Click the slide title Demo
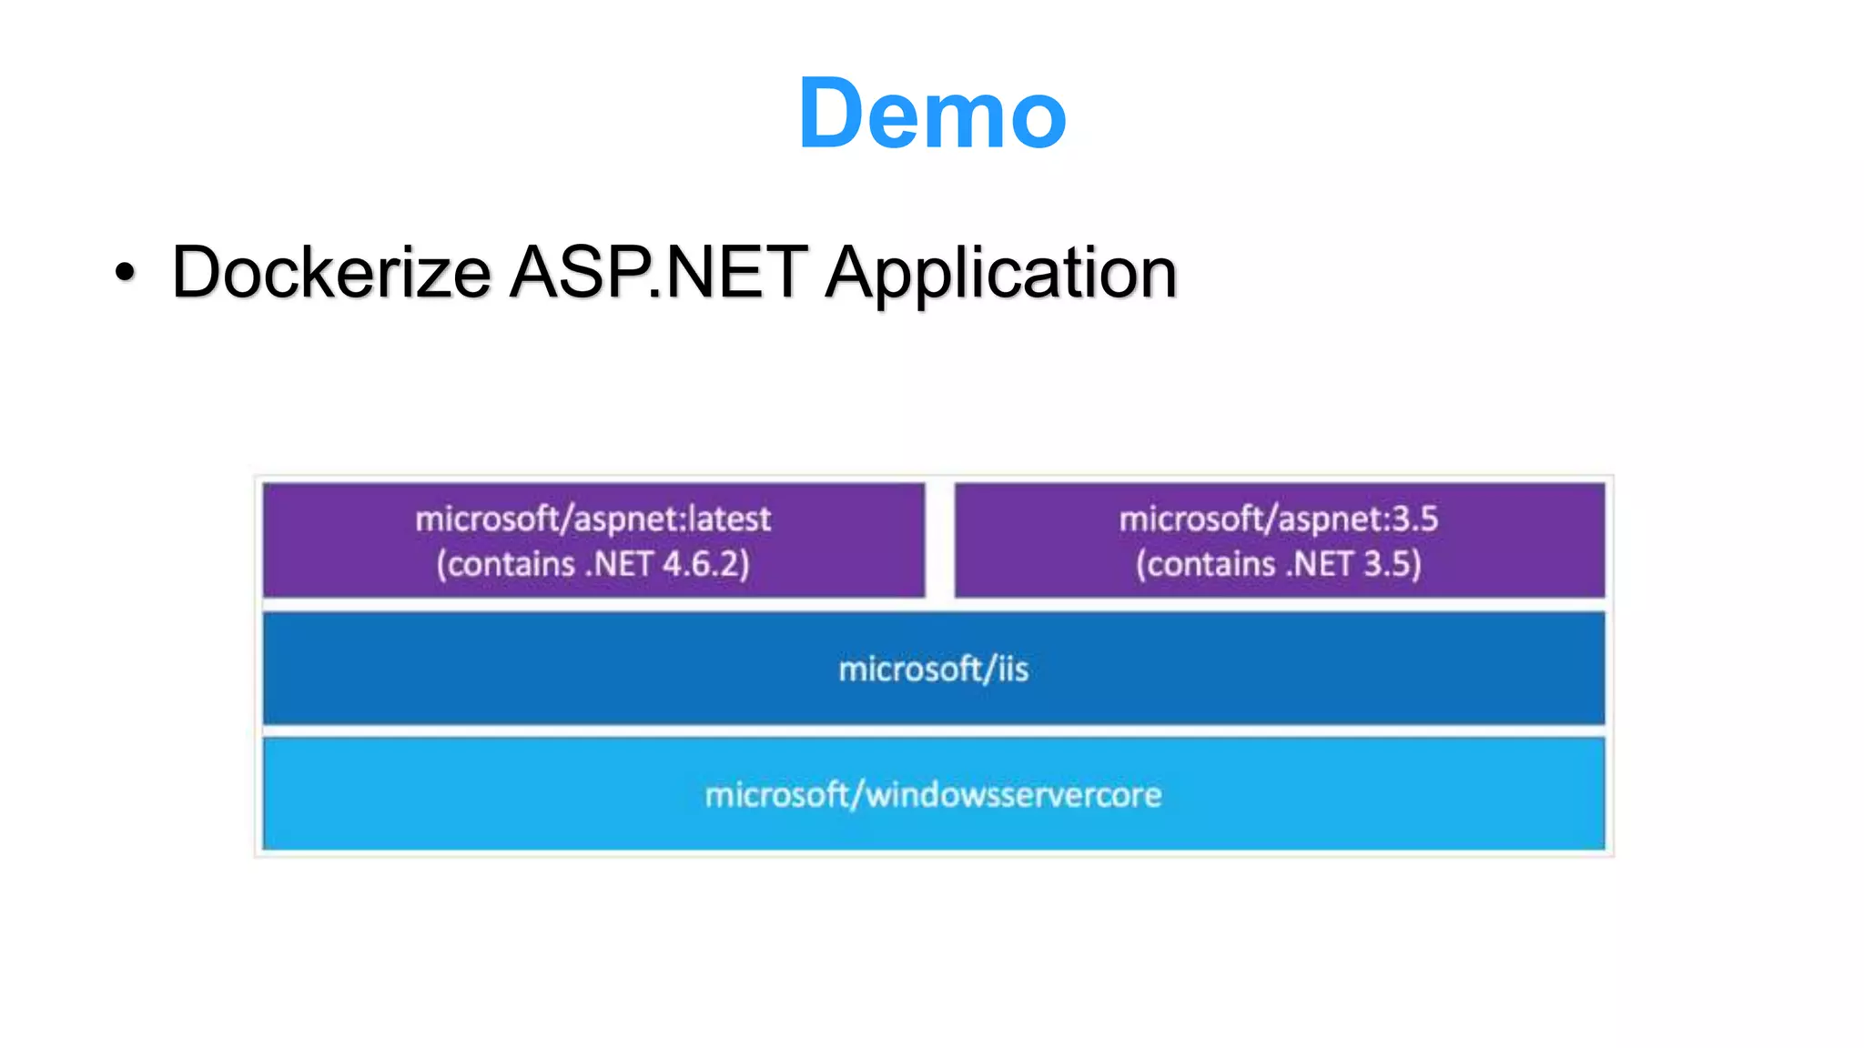pyautogui.click(x=932, y=113)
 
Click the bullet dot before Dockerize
pyautogui.click(x=126, y=272)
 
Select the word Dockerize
pyautogui.click(x=331, y=272)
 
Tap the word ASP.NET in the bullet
pyautogui.click(x=657, y=272)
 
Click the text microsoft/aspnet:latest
pyautogui.click(x=593, y=519)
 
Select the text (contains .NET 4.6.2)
pyautogui.click(x=593, y=564)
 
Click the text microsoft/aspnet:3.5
pyautogui.click(x=1279, y=519)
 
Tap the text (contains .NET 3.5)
pyautogui.click(x=1279, y=564)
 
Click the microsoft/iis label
pyautogui.click(x=933, y=670)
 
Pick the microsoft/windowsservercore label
pyautogui.click(x=933, y=795)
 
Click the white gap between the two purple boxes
pyautogui.click(x=939, y=540)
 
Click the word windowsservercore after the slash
pyautogui.click(x=1013, y=795)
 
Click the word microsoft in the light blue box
pyautogui.click(x=776, y=795)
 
